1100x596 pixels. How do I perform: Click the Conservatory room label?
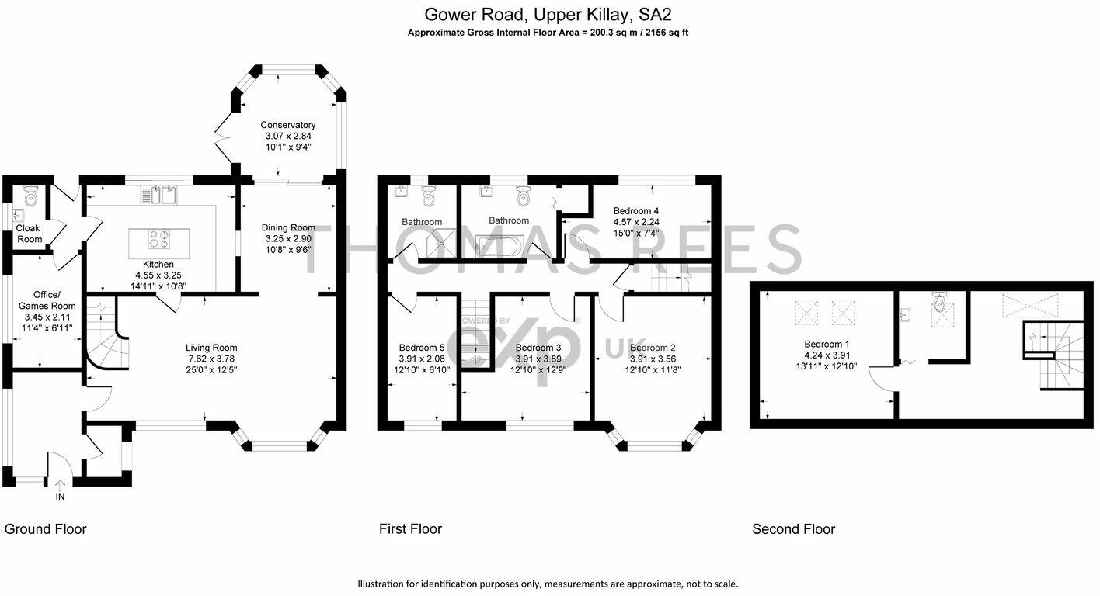click(x=287, y=125)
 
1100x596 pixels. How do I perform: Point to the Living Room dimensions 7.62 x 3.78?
click(x=211, y=359)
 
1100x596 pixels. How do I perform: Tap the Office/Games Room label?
click(x=45, y=300)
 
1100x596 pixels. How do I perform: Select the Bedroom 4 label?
click(x=636, y=210)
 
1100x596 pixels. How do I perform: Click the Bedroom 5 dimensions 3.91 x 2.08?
click(x=422, y=359)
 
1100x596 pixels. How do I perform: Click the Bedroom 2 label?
click(x=653, y=348)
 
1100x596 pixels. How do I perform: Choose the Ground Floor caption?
click(x=46, y=529)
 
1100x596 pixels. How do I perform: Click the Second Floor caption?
click(x=793, y=529)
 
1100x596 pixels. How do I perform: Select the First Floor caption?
click(x=410, y=529)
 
